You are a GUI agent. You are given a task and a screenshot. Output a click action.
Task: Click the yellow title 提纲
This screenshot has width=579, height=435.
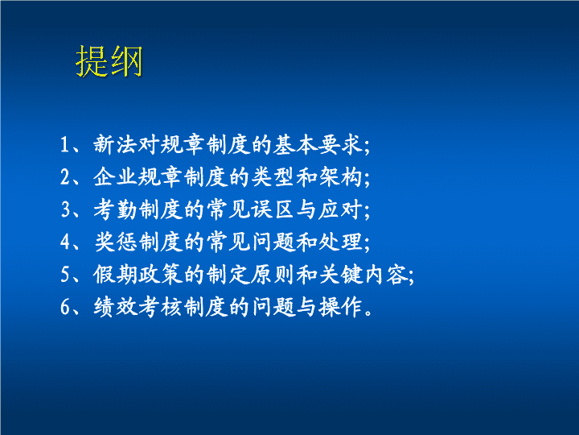(109, 61)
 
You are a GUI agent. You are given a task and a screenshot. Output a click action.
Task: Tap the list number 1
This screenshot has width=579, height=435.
(65, 144)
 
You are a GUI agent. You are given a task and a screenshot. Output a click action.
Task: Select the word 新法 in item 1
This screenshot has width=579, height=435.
(115, 144)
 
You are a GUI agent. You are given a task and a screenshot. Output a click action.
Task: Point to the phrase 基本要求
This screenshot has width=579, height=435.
(317, 144)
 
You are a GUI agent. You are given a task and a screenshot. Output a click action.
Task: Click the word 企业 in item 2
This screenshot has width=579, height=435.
(115, 176)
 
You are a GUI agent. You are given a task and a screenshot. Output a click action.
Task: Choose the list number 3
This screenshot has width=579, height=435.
(65, 209)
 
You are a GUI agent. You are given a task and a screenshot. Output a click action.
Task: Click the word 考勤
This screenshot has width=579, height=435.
(115, 209)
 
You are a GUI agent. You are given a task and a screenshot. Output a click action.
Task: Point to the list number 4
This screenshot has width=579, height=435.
(65, 242)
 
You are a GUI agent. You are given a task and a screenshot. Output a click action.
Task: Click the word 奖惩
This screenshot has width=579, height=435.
(115, 242)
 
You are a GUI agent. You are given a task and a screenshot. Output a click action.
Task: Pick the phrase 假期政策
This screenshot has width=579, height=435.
(138, 275)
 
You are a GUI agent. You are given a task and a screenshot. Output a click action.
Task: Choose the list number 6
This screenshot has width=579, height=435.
(65, 308)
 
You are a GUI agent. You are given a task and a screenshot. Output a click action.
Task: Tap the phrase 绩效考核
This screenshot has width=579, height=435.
(138, 307)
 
